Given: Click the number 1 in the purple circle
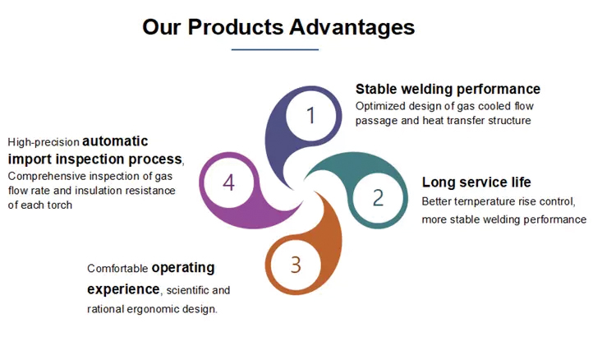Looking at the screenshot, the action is coord(310,116).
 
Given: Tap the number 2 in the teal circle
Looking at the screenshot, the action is coord(378,198).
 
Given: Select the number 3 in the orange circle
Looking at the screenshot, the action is coord(296,265).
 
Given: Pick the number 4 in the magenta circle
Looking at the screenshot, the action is coord(228,182).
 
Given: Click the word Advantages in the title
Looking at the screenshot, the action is coord(352,27).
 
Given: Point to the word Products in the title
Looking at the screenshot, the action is coord(236,27).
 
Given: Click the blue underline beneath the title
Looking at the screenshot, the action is coord(275,50).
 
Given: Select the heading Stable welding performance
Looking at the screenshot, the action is coord(448,90).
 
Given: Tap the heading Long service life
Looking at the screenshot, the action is coord(476,182).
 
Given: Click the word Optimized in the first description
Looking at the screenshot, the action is coord(380,107).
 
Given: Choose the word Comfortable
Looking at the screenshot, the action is coord(117,269).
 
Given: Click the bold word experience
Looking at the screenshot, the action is coord(123,289).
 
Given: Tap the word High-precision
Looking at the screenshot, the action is coord(44,142).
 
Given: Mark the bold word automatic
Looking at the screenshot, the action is coord(115,141).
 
